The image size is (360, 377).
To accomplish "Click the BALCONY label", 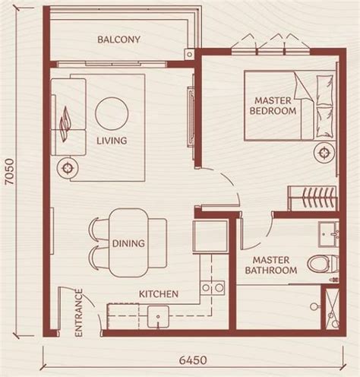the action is [118, 40].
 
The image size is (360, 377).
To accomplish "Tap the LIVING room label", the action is [112, 141].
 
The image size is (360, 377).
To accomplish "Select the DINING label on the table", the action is [128, 243].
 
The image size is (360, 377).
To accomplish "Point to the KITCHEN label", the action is [159, 294].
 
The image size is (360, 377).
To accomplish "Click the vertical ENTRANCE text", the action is [79, 313].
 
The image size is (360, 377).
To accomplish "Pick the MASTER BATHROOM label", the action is [271, 265].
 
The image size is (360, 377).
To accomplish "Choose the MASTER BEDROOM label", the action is [273, 106].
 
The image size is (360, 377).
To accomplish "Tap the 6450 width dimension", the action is [193, 360].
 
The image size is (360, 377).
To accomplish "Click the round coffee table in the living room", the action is [112, 114].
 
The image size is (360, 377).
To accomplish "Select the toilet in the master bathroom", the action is [323, 264].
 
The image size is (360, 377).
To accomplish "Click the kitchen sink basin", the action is [158, 316].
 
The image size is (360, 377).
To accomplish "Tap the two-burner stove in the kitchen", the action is [213, 288].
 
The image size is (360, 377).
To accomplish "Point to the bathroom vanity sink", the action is [329, 234].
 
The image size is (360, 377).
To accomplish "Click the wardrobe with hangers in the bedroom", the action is [312, 198].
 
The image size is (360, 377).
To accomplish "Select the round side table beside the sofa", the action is [68, 168].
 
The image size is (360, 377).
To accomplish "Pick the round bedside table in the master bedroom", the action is [324, 153].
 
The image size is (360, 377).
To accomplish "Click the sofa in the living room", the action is [68, 117].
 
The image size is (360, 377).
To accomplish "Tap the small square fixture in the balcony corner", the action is [189, 54].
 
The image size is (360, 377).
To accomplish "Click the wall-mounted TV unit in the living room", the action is [191, 116].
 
